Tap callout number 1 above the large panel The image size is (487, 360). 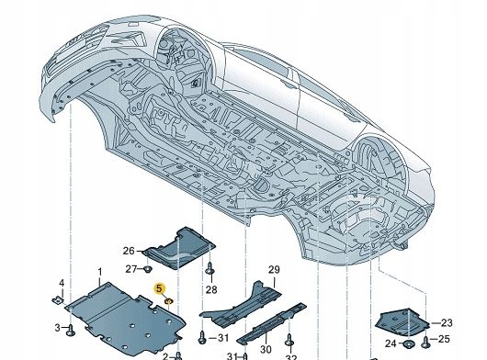pos(100,273)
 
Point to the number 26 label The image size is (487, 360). pos(128,250)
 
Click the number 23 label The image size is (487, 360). pos(447,322)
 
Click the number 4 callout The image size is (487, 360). pos(62,282)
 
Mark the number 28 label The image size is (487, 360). pos(210,290)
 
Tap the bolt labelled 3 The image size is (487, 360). pos(71,327)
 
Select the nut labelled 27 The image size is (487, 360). pos(148,269)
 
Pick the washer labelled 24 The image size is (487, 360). pos(404,343)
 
